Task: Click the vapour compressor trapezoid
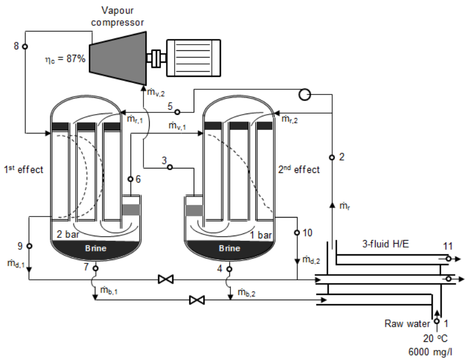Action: click(x=119, y=57)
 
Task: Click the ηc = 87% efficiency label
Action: click(x=66, y=58)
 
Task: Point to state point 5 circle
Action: click(x=176, y=111)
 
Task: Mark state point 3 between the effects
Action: click(x=169, y=167)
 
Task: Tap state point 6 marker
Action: click(x=130, y=179)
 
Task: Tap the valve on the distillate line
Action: click(x=166, y=279)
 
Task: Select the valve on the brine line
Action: click(x=197, y=300)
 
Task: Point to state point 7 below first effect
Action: click(x=95, y=267)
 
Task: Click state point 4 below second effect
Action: click(x=229, y=267)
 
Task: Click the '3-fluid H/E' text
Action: click(x=386, y=244)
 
